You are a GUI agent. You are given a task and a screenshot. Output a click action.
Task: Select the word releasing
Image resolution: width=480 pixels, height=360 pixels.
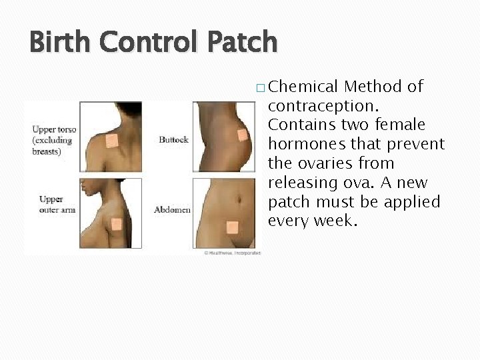tap(301, 183)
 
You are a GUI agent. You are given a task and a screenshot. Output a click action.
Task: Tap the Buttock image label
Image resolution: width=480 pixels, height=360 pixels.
tap(174, 139)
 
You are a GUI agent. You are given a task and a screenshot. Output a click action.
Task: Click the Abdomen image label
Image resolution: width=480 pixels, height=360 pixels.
tap(172, 209)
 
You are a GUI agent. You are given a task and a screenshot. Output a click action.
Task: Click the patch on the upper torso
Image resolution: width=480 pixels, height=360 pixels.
tap(111, 141)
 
